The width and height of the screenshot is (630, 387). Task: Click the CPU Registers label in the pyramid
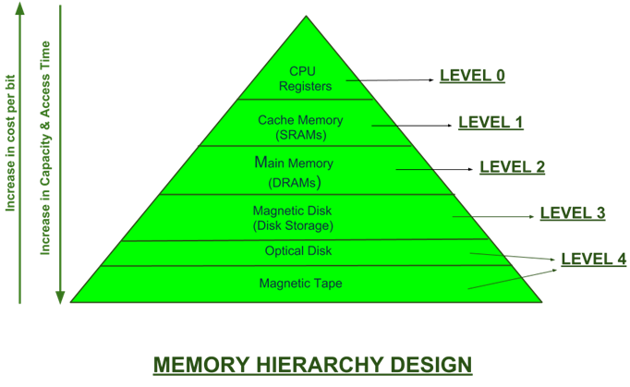pos(304,78)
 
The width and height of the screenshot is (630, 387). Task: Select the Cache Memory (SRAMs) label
pos(300,127)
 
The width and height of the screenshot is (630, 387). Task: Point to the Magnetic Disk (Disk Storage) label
pos(292,218)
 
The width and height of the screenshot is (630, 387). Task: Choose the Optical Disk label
pos(297,251)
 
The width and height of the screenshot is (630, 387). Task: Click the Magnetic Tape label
pos(300,283)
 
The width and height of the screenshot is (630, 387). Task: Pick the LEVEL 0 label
pos(471,76)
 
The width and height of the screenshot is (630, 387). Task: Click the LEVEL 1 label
pos(491,122)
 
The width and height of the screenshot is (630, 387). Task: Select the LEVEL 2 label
pos(512,167)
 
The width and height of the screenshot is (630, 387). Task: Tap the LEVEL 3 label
pos(573,213)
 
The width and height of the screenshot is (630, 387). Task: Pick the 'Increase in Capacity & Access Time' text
pos(44,148)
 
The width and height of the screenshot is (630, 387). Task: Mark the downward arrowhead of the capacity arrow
pos(60,297)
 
